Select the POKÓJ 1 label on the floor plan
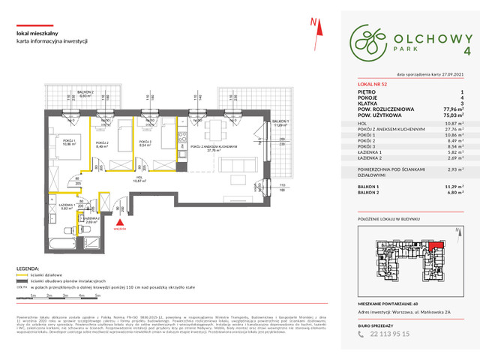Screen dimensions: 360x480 point(48,141)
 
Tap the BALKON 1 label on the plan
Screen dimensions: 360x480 point(281,124)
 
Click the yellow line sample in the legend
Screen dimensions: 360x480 point(22,274)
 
